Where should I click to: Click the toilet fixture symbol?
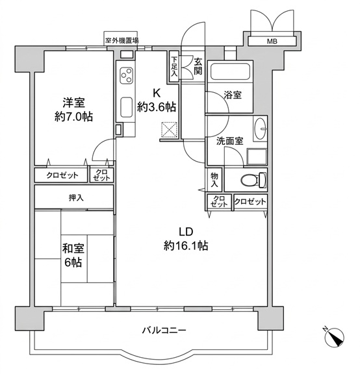click(253, 180)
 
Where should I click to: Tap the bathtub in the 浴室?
click(230, 71)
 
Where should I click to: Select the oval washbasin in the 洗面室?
click(260, 129)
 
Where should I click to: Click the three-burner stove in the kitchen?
click(126, 75)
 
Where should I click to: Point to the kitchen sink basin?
click(126, 107)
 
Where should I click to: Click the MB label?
click(272, 42)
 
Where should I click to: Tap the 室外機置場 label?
click(122, 40)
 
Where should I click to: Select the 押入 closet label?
click(76, 198)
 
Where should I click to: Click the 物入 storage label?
click(214, 180)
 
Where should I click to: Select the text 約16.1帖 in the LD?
click(186, 245)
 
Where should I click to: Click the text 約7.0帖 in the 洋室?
click(73, 117)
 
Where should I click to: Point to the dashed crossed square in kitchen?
click(170, 130)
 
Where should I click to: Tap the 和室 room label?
click(73, 249)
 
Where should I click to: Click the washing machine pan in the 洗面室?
click(257, 156)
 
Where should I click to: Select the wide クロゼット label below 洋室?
click(62, 175)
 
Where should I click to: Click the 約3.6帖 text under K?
click(157, 107)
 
